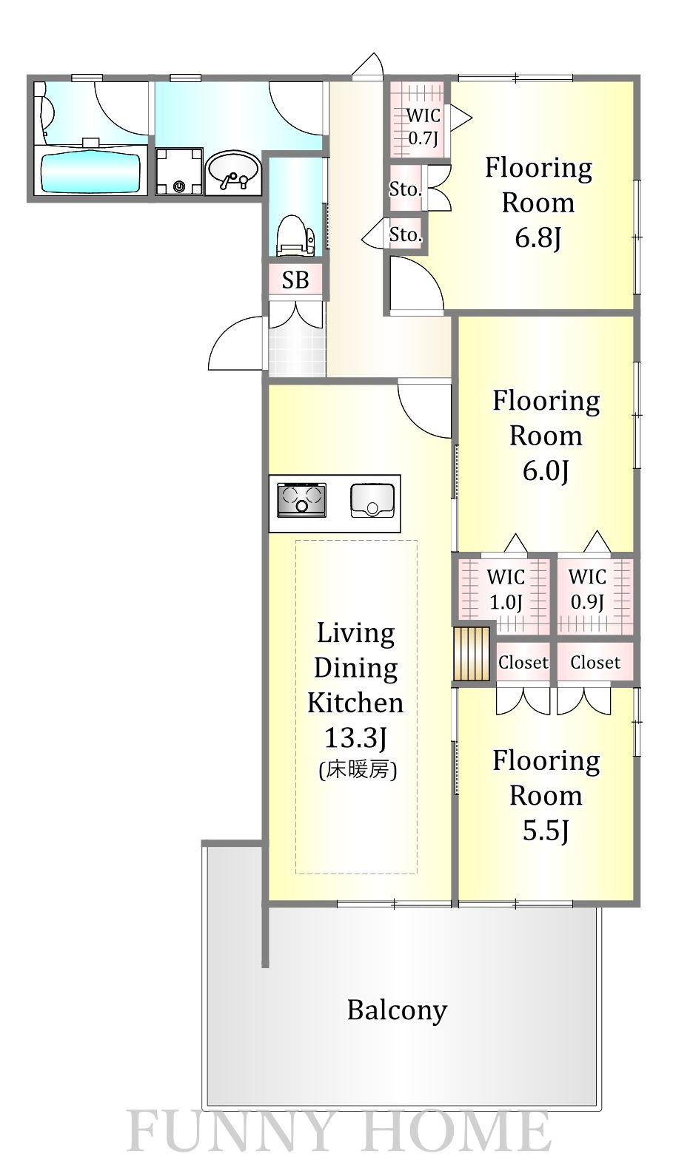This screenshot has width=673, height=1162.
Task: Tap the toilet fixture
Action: point(295,235)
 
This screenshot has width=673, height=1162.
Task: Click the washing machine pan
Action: point(178,171)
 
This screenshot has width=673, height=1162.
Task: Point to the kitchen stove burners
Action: point(302,499)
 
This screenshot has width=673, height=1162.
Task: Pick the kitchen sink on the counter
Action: point(372,500)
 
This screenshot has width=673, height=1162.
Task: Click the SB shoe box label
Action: point(295,280)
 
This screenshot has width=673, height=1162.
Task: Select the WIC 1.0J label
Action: point(506,590)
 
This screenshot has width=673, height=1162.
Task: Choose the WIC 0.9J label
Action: point(587,589)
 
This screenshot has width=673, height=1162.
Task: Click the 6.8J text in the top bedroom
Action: point(538,237)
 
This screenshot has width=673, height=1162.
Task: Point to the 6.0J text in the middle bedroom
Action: point(546,470)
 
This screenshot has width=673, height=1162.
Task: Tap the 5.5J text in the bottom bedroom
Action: point(546,831)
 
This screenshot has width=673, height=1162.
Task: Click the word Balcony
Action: point(398,1010)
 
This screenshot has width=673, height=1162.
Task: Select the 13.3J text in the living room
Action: point(355,737)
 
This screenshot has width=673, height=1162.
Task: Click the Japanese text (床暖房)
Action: point(358,770)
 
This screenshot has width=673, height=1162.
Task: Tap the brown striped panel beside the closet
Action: point(472,654)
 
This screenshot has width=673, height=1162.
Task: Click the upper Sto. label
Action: point(406,189)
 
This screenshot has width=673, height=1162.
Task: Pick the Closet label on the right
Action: point(595,663)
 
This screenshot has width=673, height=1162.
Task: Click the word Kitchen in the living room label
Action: point(355,703)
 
